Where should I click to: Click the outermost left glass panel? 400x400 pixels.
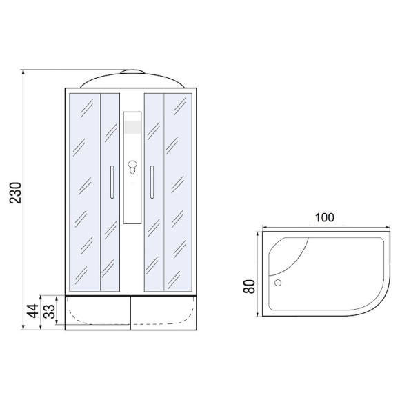(85, 190)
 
